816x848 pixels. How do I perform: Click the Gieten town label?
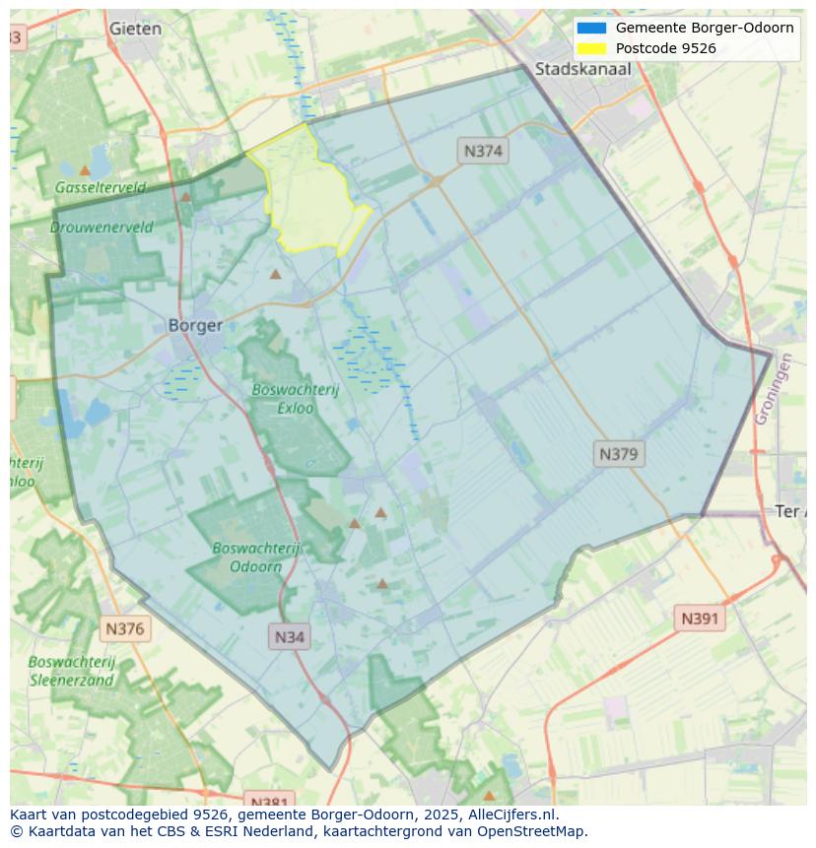coord(135,29)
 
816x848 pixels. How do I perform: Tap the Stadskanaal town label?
coord(582,69)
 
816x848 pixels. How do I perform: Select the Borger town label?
coord(195,325)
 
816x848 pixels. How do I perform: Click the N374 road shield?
coord(483,151)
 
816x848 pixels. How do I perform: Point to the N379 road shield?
coord(620,454)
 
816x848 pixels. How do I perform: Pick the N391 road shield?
coord(700,619)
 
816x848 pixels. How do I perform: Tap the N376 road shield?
coord(124,627)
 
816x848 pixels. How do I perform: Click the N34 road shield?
coord(289,636)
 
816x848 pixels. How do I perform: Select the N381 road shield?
coord(268,801)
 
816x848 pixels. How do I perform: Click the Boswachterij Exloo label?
coord(295,398)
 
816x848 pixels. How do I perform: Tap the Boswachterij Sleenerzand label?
coord(72,670)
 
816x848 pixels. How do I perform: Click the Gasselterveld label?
coord(100,187)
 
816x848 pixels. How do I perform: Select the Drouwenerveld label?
coord(102,227)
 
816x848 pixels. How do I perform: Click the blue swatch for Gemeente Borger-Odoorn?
coord(591,28)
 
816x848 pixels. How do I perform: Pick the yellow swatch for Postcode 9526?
coord(591,48)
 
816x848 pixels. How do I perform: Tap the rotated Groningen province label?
coord(775,389)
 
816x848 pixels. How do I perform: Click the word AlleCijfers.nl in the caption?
coord(511,815)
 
